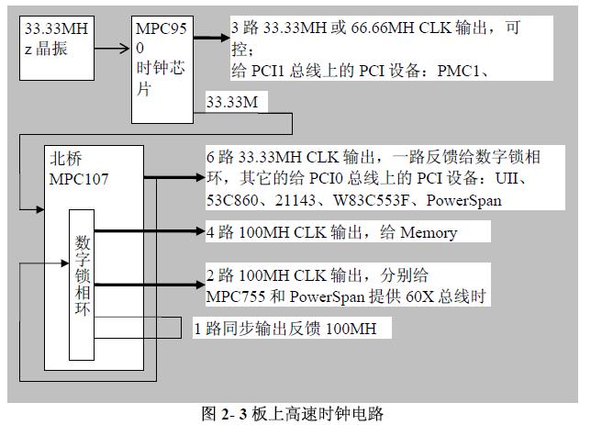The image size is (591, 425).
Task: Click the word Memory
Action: [429, 233]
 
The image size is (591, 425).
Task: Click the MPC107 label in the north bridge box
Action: [77, 178]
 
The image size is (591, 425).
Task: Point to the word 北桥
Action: [64, 158]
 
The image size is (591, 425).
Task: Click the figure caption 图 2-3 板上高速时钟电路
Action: [291, 413]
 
